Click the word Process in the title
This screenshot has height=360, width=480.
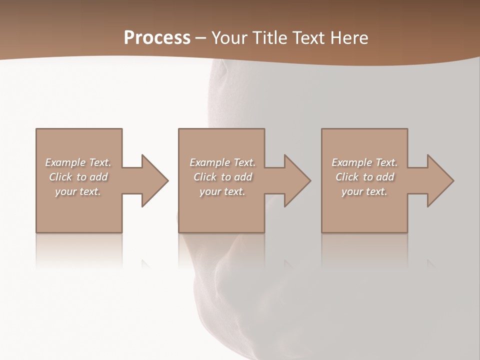[x=157, y=38]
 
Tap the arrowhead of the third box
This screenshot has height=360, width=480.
[x=439, y=180]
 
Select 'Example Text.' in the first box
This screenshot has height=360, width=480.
[x=78, y=162]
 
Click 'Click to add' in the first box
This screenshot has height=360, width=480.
[x=78, y=177]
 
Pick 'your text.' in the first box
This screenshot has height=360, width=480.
[x=78, y=191]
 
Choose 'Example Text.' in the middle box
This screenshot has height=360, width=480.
[x=222, y=162]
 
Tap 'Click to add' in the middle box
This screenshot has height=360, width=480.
[x=222, y=177]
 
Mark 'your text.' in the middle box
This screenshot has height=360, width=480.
[x=222, y=191]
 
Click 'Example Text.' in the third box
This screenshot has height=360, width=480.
[x=364, y=162]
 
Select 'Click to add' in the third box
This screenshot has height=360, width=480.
[x=364, y=177]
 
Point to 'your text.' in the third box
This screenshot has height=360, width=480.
[x=364, y=191]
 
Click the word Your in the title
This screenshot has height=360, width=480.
[x=228, y=38]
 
